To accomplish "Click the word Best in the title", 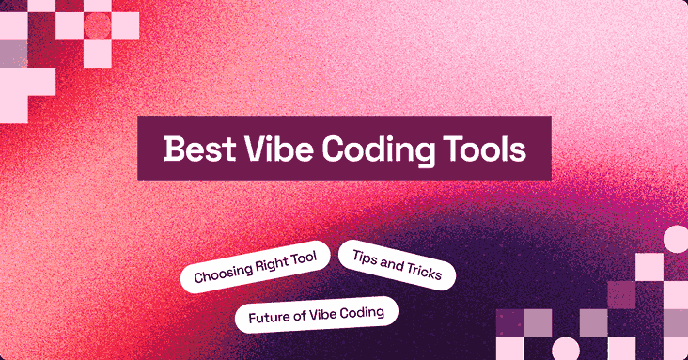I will (x=194, y=149).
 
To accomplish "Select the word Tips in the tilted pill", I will (x=365, y=257).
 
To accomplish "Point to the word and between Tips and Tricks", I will (x=392, y=263).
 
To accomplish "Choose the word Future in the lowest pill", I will (x=268, y=316).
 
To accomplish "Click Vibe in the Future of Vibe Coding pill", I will (x=322, y=313).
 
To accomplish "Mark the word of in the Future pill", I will (x=298, y=315).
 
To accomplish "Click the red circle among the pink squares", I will (x=97, y=26).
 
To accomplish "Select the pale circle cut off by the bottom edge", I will (x=565, y=349).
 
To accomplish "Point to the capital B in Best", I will (x=172, y=149).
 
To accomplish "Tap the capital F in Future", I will (x=253, y=317).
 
